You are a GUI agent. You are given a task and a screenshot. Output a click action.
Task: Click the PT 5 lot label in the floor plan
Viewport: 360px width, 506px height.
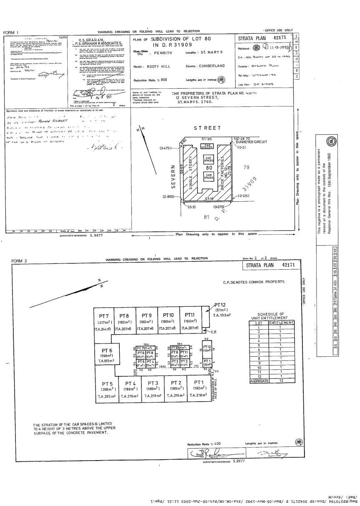(107, 383)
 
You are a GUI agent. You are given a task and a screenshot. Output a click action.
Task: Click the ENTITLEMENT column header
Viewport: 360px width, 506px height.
(281, 323)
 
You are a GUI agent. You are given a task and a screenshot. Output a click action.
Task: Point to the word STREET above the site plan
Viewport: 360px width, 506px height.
(207, 128)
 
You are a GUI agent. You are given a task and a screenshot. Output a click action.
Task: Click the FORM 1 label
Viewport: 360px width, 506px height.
(11, 32)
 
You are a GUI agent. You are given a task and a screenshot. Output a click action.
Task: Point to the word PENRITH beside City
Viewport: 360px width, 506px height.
(163, 54)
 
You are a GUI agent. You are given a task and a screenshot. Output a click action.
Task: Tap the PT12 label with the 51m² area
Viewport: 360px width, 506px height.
(220, 305)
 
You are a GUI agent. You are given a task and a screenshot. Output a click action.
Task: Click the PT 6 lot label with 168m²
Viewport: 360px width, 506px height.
(107, 350)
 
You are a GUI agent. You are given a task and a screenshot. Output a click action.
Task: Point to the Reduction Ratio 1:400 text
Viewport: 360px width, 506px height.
(204, 444)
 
